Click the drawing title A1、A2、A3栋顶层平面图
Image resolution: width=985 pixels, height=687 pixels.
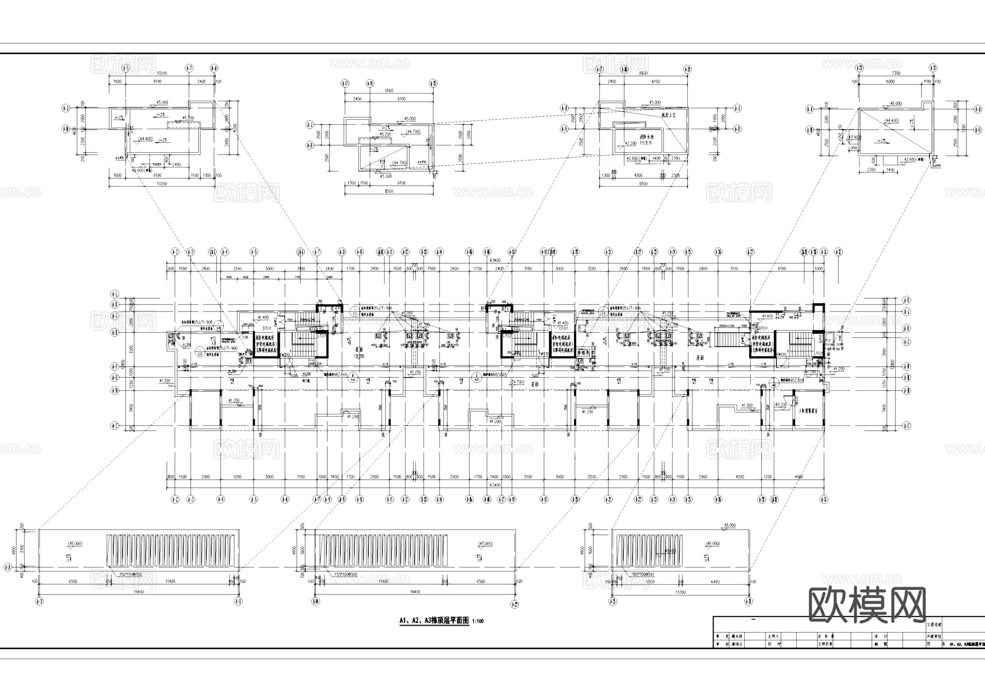(x=434, y=621)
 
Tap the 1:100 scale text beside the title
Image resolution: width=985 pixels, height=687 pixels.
(x=478, y=621)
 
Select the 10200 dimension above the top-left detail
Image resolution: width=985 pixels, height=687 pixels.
(x=161, y=73)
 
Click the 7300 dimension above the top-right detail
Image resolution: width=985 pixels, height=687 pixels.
(x=896, y=73)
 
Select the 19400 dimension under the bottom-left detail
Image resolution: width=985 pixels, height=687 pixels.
(x=140, y=592)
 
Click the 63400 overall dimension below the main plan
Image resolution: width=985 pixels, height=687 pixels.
(x=495, y=485)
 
